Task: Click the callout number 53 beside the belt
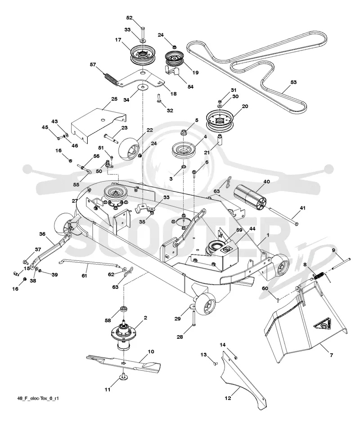point(293,82)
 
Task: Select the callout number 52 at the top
point(129,18)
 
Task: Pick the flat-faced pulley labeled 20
point(220,120)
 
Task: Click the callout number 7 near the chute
point(331,355)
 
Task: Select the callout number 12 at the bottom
point(228,398)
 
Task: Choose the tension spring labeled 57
point(111,77)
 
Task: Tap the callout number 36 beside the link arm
point(42,234)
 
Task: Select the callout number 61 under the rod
point(84,276)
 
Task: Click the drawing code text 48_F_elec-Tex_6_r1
point(38,398)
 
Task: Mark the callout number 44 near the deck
point(252,228)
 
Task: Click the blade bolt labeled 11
point(124,377)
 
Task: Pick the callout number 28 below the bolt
point(180,337)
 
